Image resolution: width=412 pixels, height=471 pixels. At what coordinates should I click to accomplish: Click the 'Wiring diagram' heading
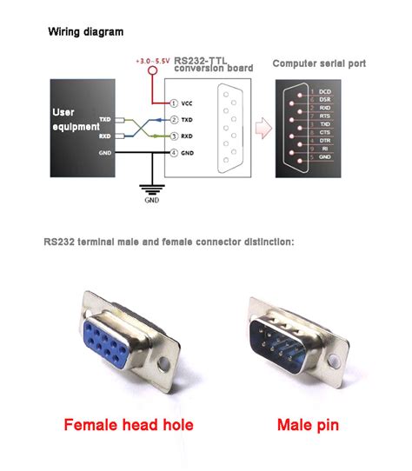pos(85,31)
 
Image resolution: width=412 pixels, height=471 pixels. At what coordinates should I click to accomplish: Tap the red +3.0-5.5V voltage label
pos(153,61)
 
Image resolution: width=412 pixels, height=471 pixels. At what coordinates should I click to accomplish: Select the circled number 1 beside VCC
pos(174,103)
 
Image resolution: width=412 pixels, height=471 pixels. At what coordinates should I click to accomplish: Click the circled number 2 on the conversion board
pos(174,119)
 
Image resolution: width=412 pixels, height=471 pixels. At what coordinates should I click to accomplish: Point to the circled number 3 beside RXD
pos(174,136)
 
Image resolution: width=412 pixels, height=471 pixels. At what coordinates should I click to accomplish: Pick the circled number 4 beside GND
pos(174,154)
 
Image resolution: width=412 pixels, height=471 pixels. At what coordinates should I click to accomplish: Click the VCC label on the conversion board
pos(188,103)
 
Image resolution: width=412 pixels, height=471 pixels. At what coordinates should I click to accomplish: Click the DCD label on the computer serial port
pos(325,91)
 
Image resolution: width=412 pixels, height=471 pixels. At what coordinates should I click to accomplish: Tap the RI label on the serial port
pos(323,149)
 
